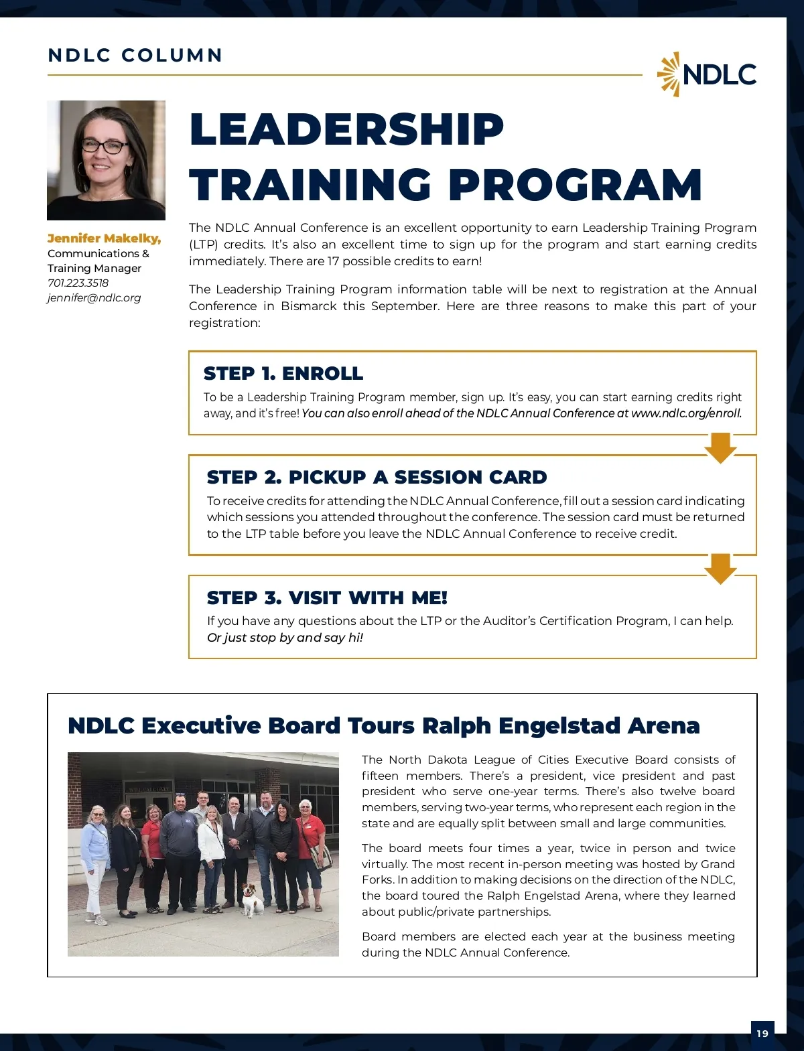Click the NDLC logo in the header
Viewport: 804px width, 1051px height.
coord(707,74)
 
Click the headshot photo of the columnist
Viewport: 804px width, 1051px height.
coord(106,160)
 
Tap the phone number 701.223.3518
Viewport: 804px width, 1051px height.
coord(78,283)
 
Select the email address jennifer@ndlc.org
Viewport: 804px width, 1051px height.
coord(94,297)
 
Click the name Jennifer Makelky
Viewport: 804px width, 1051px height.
coord(104,238)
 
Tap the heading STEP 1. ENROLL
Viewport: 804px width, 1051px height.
coord(283,373)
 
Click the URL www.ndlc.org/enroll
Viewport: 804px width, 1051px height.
coord(685,413)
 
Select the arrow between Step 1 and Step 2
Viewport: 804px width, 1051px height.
coord(721,447)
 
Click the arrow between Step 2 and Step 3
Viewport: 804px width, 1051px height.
coord(721,568)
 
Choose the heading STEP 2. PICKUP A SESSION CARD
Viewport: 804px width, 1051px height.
coord(377,477)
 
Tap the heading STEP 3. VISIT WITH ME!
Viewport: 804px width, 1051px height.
coord(327,598)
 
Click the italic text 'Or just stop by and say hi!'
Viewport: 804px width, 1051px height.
coord(285,638)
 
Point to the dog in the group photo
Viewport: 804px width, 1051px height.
coord(253,899)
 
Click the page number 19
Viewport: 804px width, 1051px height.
coord(762,1034)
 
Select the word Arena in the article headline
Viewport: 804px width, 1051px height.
coord(663,725)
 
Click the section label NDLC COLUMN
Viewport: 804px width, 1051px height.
coord(135,55)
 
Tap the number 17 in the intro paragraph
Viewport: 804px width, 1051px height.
coord(333,261)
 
